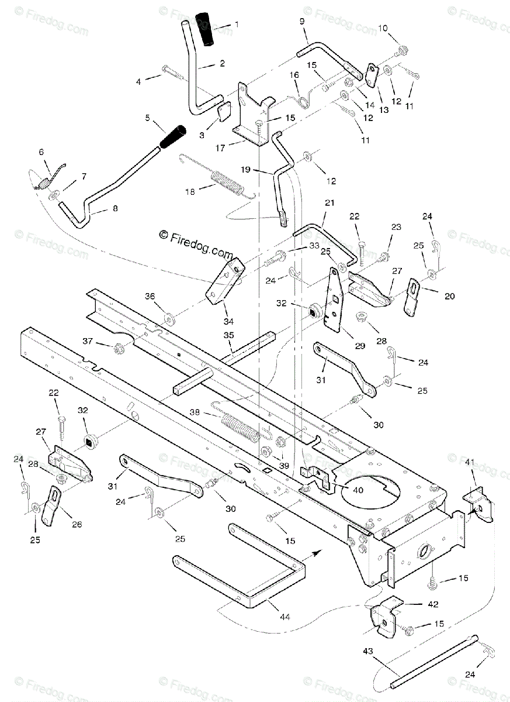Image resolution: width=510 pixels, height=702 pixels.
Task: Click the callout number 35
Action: (x=228, y=335)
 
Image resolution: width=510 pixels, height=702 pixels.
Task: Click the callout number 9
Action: (x=302, y=21)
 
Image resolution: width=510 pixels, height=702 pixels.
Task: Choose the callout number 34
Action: (x=228, y=321)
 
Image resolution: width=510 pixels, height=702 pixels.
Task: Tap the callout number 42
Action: (x=433, y=604)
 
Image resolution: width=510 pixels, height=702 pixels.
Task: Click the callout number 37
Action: (x=87, y=341)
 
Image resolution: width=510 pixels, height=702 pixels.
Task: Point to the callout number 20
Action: (x=449, y=296)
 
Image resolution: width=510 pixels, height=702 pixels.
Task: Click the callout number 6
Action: (x=41, y=152)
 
